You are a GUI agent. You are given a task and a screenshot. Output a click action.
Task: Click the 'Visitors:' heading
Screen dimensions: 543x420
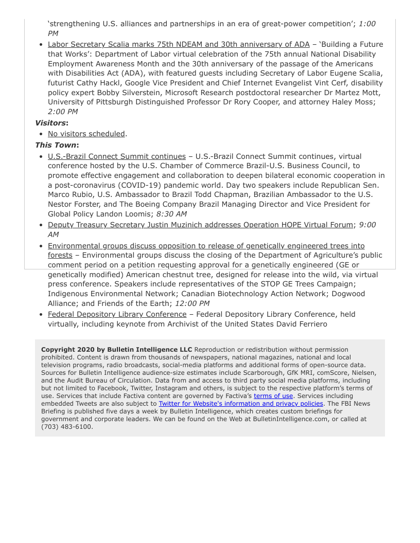51,123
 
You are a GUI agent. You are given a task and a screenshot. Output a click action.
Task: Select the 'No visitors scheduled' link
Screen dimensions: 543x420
86,134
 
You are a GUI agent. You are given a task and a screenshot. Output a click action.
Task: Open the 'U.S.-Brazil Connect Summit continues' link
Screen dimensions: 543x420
117,156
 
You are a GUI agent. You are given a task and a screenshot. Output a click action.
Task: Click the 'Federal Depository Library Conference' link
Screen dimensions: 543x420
117,314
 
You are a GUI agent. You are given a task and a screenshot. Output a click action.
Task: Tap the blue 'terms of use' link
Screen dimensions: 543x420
273,396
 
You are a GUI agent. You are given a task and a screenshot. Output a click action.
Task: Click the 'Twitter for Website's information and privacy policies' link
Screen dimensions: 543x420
241,404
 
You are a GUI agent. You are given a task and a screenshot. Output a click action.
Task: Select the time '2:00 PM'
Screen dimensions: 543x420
63,112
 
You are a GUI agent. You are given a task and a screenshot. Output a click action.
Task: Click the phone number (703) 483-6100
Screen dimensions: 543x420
67,427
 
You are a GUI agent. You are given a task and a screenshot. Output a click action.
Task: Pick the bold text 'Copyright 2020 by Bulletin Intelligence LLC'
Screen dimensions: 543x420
116,350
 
